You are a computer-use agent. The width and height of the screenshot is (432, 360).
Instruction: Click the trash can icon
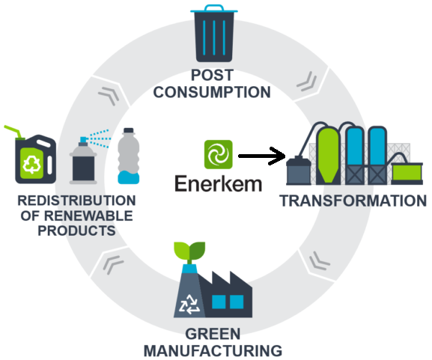pos(214,34)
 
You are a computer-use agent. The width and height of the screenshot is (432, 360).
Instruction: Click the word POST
pos(213,75)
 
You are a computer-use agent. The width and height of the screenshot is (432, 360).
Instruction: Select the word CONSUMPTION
pos(212,92)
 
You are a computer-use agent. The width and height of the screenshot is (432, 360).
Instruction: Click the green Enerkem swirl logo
pos(218,154)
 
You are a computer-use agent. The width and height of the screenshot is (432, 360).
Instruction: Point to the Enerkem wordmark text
pos(218,184)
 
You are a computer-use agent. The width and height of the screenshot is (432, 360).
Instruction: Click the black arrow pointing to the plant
pos(262,156)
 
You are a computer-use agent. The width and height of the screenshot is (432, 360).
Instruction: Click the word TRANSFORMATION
pos(353,201)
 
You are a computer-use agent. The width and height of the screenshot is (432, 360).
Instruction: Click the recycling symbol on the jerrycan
pos(32,164)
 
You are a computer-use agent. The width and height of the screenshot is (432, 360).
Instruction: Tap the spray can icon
pos(85,159)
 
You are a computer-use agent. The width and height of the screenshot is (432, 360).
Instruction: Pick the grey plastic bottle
pos(128,156)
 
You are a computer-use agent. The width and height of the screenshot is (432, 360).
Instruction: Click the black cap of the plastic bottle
pos(129,130)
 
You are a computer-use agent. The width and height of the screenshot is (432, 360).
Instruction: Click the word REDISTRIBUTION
pos(76,201)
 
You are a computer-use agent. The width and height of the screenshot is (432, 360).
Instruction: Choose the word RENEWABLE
pos(88,216)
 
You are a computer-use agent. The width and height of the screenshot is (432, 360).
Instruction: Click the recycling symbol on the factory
pos(189,304)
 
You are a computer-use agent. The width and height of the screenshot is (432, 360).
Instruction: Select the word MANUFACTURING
pos(213,350)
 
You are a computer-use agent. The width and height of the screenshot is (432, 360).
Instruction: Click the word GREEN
pos(213,334)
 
